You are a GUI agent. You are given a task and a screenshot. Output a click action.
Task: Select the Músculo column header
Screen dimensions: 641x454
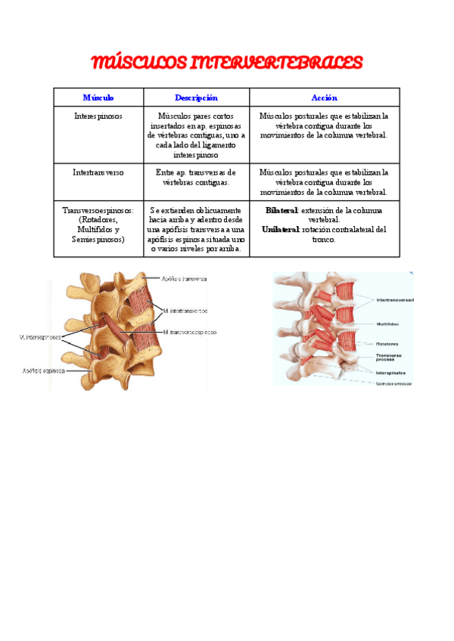click(x=98, y=98)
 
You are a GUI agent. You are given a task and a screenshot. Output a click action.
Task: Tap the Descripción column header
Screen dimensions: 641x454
click(x=196, y=98)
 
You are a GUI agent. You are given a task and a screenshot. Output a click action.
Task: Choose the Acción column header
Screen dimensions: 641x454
click(x=324, y=98)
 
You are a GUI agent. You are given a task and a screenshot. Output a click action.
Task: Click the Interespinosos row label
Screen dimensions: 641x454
click(x=98, y=116)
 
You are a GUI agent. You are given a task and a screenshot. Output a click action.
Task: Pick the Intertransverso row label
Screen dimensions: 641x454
click(x=98, y=172)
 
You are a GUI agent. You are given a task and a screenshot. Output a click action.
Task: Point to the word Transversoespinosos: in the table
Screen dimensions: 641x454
click(x=98, y=211)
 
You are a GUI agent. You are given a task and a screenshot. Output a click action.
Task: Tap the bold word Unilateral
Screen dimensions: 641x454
click(x=281, y=229)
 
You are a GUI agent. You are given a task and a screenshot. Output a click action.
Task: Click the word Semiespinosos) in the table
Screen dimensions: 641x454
click(x=98, y=239)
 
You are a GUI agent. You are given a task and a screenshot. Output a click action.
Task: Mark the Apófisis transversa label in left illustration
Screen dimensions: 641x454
click(x=181, y=278)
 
